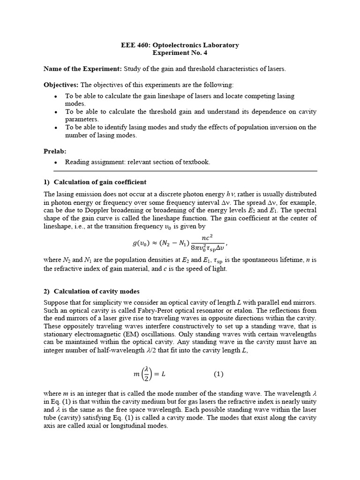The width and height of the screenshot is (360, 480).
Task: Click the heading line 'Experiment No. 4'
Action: (x=180, y=53)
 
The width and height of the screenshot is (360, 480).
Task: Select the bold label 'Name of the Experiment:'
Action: (x=82, y=69)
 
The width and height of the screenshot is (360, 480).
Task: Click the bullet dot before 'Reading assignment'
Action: (x=56, y=162)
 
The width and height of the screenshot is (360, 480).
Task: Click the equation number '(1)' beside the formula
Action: (x=219, y=375)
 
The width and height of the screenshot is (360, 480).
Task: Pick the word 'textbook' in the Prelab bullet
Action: (x=197, y=162)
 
